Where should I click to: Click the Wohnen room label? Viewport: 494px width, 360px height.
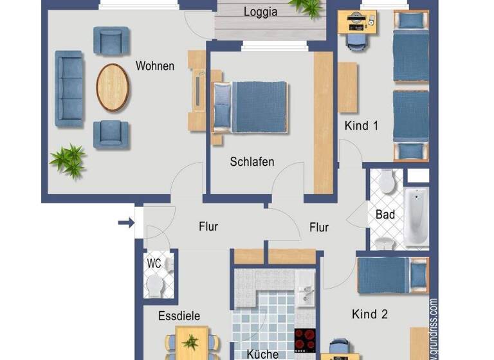tap(154, 66)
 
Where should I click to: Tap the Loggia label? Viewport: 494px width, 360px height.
tap(261, 12)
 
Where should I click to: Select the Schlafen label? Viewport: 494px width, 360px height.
tap(252, 162)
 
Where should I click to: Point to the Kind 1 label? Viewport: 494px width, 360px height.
tap(361, 126)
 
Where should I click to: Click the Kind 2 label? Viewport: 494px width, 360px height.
tap(370, 314)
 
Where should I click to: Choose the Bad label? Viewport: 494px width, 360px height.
tap(385, 214)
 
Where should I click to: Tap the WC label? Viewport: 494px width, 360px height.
tap(154, 264)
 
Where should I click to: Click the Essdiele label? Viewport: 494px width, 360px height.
tap(179, 316)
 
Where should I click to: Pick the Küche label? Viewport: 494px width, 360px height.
tap(262, 354)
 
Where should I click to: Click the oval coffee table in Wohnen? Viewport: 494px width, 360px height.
tap(113, 87)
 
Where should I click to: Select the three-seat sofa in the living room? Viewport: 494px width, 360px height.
tap(69, 89)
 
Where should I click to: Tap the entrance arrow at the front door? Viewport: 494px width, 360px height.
tap(126, 224)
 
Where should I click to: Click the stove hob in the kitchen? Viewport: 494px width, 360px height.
tap(305, 338)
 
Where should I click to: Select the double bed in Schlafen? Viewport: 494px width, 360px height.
tap(250, 106)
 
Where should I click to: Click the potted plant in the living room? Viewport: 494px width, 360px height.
tap(69, 160)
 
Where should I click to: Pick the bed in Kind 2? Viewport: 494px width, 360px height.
tap(392, 274)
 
